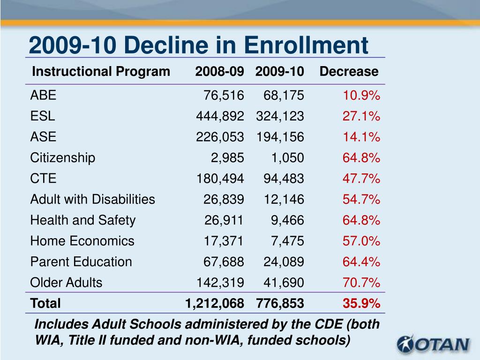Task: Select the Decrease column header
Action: (x=349, y=71)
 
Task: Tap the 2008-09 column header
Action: (x=219, y=71)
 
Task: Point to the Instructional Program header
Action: (x=101, y=72)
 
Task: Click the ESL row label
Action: (x=43, y=116)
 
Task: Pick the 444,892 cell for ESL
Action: (x=220, y=116)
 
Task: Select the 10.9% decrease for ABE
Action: (x=361, y=96)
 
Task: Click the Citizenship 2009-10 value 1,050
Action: (x=287, y=158)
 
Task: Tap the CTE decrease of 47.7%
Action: (x=361, y=179)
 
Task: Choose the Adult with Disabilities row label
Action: (x=92, y=199)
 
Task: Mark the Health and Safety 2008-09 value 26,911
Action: (x=224, y=220)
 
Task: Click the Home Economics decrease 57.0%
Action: (x=361, y=241)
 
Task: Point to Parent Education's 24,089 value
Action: (x=284, y=262)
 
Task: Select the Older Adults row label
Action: (x=66, y=283)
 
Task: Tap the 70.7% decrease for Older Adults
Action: (x=361, y=283)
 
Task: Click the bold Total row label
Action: (x=45, y=303)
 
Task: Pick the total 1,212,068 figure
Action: (x=215, y=304)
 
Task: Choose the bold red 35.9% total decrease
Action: (x=361, y=303)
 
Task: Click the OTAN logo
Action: (x=433, y=344)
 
